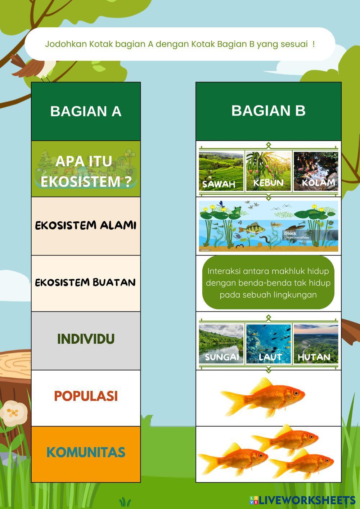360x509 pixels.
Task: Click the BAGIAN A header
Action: click(x=86, y=111)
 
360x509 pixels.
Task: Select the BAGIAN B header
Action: click(x=268, y=111)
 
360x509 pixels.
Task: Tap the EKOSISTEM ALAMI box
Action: click(x=86, y=226)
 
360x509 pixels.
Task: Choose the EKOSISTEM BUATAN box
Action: click(x=86, y=283)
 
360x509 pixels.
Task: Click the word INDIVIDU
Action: click(x=86, y=339)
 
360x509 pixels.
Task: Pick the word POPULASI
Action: click(x=86, y=396)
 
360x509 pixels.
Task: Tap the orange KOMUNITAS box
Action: click(x=86, y=453)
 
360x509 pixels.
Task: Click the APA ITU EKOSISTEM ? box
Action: click(x=86, y=170)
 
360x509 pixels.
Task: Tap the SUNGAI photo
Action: click(x=221, y=343)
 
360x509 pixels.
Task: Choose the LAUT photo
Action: click(x=268, y=343)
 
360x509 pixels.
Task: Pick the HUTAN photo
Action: click(x=316, y=343)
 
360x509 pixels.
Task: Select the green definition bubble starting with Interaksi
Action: click(x=268, y=283)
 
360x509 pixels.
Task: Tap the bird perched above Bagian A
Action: click(x=34, y=67)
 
